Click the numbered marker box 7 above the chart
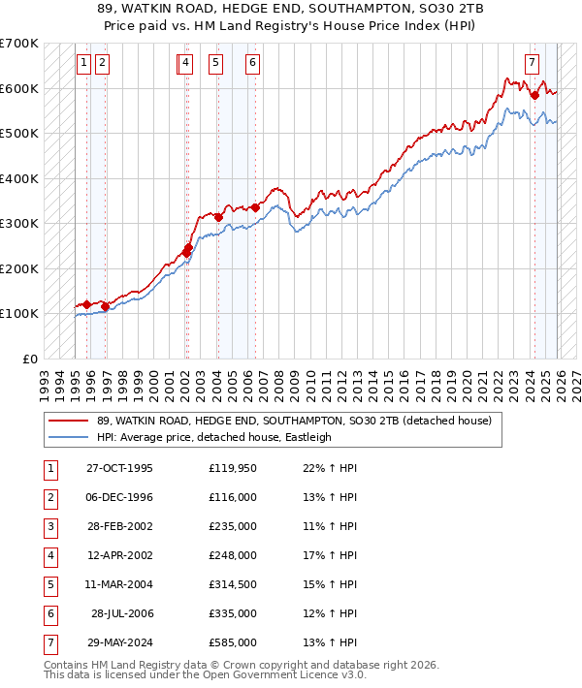(533, 64)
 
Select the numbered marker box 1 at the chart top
(84, 64)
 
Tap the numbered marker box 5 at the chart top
(214, 64)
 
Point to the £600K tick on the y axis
(19, 88)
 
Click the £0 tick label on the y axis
(31, 359)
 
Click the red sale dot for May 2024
(534, 95)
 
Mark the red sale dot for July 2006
(255, 207)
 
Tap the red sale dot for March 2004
(218, 217)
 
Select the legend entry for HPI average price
(214, 437)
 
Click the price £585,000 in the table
(233, 642)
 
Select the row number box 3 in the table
(48, 526)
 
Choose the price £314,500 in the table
(233, 584)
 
